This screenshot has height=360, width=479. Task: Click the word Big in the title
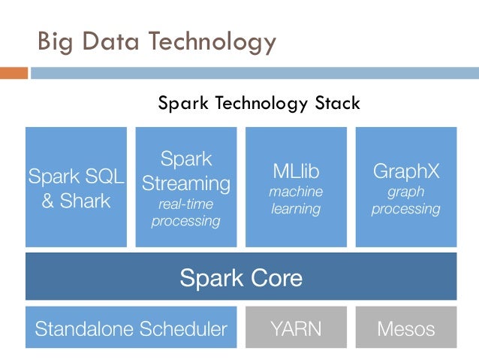click(x=56, y=43)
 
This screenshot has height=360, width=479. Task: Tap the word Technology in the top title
click(x=212, y=42)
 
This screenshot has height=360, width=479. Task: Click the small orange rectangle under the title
click(x=14, y=73)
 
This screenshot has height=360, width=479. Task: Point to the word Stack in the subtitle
click(x=337, y=103)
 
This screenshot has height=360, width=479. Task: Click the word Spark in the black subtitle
click(x=183, y=104)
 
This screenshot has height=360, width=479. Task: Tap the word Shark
click(x=86, y=201)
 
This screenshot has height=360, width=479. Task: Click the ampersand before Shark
click(x=47, y=201)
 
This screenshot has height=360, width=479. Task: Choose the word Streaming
click(x=186, y=184)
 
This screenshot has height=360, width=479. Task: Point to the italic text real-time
click(x=185, y=204)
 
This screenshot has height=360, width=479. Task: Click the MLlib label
click(x=296, y=171)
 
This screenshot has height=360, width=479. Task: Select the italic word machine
click(x=296, y=192)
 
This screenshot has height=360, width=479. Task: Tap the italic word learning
click(x=296, y=209)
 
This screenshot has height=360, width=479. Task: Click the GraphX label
click(x=406, y=171)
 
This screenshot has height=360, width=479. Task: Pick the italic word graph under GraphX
click(x=406, y=192)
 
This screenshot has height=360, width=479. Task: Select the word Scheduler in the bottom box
click(x=183, y=328)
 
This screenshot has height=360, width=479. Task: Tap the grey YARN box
click(x=296, y=327)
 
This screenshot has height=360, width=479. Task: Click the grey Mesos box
click(x=406, y=327)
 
